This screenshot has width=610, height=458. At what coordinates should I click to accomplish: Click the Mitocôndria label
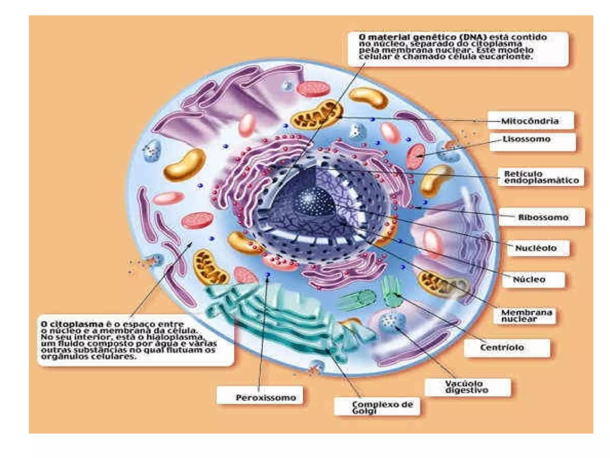[x=530, y=121]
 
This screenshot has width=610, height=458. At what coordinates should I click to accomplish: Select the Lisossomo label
[x=526, y=139]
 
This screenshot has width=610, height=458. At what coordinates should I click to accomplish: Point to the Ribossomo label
[x=543, y=217]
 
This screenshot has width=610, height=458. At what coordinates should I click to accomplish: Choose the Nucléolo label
[x=536, y=248]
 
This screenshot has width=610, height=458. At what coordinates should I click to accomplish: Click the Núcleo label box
[x=533, y=280]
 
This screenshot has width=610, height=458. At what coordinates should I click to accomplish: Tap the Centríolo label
[x=502, y=347]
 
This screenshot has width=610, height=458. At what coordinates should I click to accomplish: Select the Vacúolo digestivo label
[x=467, y=387]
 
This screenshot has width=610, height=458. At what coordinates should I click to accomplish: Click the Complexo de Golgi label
[x=382, y=407]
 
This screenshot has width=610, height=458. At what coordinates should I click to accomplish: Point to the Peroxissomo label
[x=266, y=397]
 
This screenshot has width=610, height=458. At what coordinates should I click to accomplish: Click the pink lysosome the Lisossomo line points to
[x=416, y=155]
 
